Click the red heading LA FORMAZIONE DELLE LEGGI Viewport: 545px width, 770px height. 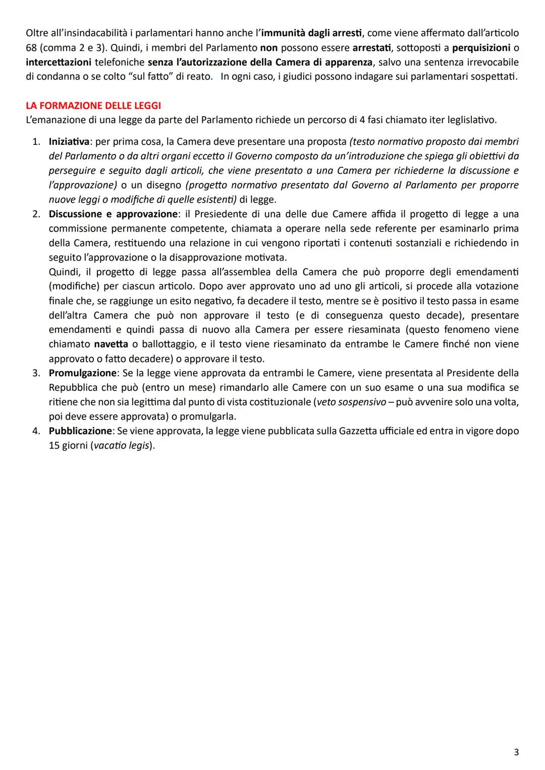tap(93, 106)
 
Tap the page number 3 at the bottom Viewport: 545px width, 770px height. tap(516, 752)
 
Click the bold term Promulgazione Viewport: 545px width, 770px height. tap(82, 373)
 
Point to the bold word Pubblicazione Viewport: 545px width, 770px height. tap(80, 431)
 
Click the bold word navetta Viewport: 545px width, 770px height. tap(111, 344)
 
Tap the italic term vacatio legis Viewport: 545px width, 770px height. tap(122, 446)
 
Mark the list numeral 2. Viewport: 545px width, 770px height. tap(36, 214)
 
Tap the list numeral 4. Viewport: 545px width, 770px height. tap(36, 431)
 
